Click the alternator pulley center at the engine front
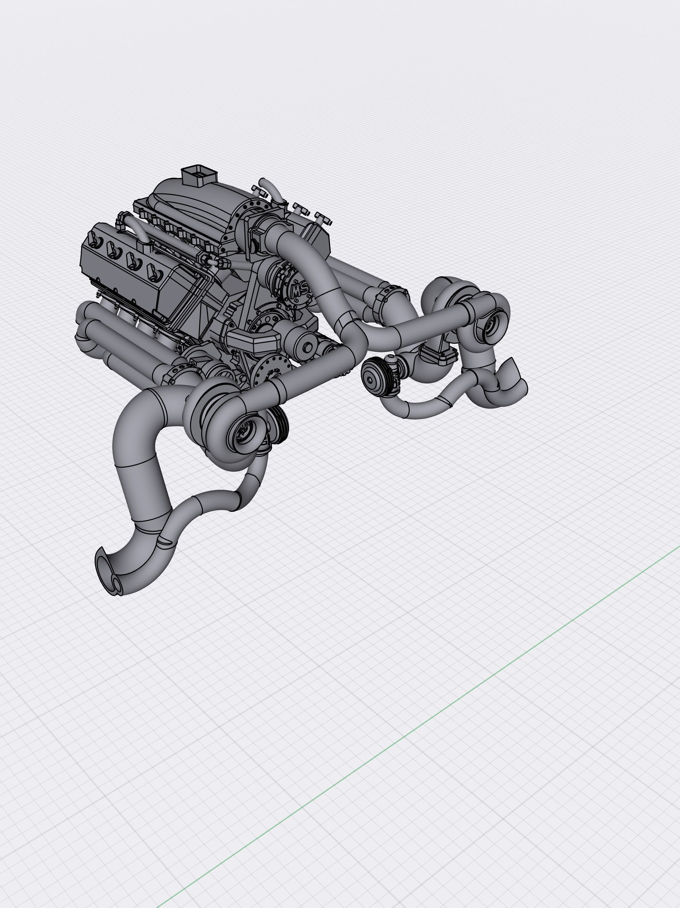pos(307,347)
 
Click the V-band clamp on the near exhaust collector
pos(174,373)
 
